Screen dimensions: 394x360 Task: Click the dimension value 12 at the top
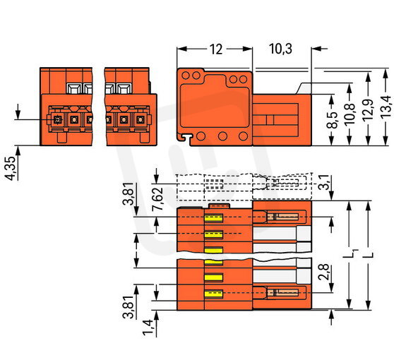[216, 49]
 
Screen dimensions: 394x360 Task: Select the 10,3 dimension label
[281, 49]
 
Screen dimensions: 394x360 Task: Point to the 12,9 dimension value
[369, 110]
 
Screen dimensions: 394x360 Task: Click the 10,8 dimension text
[350, 114]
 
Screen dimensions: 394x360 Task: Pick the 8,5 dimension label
[333, 120]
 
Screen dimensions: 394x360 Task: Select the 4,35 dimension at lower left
[11, 168]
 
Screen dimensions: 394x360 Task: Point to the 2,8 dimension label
[323, 272]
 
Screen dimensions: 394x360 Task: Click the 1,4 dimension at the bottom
[148, 327]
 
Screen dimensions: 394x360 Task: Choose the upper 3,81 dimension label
[129, 193]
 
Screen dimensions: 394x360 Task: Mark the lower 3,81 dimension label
[128, 307]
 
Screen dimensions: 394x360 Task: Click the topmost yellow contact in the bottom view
[214, 218]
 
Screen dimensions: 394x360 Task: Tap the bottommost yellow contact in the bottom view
[214, 294]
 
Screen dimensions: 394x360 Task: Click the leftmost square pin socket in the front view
[58, 120]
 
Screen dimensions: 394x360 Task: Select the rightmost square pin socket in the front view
[141, 120]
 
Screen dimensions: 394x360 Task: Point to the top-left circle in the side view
[186, 75]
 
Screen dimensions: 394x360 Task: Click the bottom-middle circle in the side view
[222, 136]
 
